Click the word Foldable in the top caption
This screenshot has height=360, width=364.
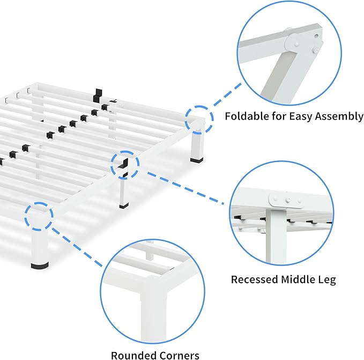[244, 116]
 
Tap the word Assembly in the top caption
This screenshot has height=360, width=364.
[340, 116]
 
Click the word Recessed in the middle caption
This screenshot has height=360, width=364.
[254, 280]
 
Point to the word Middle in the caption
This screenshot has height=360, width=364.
[299, 280]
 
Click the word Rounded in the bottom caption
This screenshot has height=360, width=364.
[132, 355]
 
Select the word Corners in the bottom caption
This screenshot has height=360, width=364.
[178, 355]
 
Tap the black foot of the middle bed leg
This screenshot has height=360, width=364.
[124, 204]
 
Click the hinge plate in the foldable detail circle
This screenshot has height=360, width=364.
[290, 42]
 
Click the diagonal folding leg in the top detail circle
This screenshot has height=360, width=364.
[273, 75]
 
